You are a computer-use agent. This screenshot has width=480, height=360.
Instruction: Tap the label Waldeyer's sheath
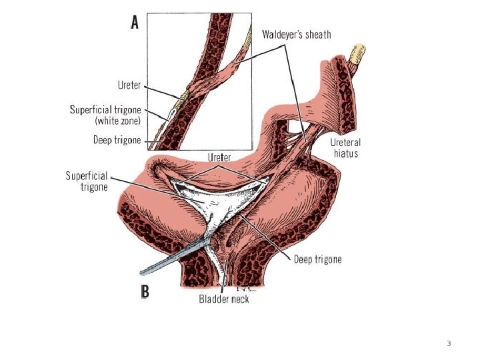click(x=296, y=33)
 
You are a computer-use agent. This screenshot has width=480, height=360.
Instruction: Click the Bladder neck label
click(x=225, y=299)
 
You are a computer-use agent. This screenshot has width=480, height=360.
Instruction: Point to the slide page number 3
click(x=449, y=343)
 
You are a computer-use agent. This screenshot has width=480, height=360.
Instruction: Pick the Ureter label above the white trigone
click(x=220, y=158)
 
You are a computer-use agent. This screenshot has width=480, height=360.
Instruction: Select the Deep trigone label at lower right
click(x=318, y=259)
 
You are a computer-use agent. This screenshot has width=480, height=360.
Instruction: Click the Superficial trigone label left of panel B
click(x=87, y=181)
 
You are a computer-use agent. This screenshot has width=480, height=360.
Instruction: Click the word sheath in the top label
click(x=316, y=33)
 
